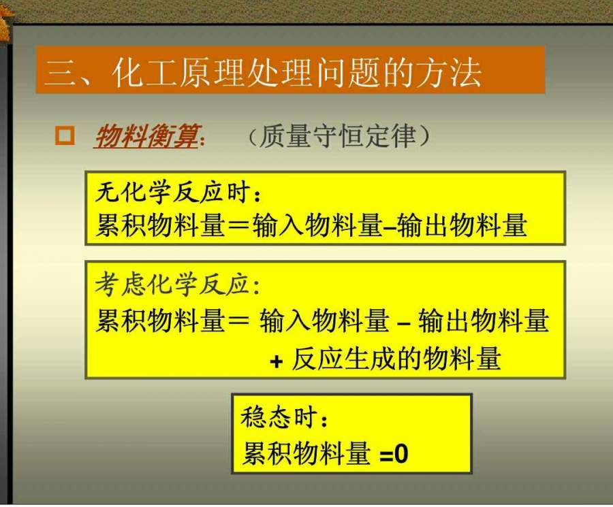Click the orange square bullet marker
(x=65, y=135)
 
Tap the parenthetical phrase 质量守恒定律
(x=338, y=136)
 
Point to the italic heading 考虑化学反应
(x=172, y=284)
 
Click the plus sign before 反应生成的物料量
(x=276, y=361)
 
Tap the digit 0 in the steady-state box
(x=401, y=455)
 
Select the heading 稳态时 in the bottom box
(x=279, y=416)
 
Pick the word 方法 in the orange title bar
(x=448, y=73)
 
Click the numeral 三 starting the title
(x=59, y=73)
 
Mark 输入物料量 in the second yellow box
(x=324, y=321)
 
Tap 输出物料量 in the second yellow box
(x=484, y=321)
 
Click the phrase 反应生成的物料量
(x=396, y=359)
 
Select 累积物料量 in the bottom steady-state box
(x=306, y=453)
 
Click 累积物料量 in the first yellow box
(x=160, y=225)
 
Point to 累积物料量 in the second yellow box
(x=160, y=321)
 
